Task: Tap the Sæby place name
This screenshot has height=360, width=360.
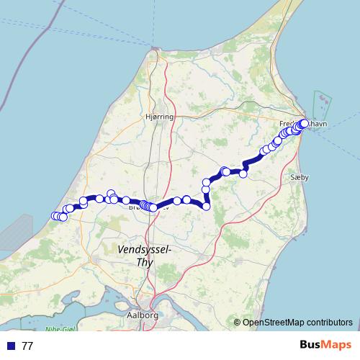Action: click(299, 176)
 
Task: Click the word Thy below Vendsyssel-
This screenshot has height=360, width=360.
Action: click(144, 262)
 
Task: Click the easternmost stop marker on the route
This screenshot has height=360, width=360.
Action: click(305, 124)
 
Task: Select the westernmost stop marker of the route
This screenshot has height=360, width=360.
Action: click(55, 216)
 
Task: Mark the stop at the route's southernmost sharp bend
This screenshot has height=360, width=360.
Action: click(206, 207)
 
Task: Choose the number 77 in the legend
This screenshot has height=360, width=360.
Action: click(27, 346)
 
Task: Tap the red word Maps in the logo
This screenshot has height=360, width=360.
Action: click(338, 346)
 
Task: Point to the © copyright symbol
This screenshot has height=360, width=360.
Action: click(237, 323)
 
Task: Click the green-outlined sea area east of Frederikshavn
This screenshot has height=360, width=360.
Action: click(320, 108)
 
